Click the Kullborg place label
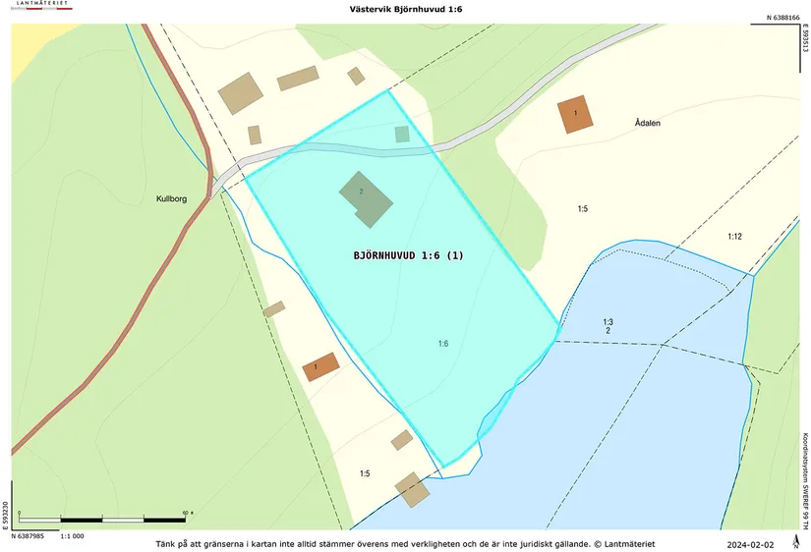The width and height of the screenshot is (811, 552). click(x=171, y=198)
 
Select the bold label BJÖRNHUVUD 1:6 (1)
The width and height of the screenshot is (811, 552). click(x=408, y=255)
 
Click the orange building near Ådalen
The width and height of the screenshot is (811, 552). click(x=575, y=114)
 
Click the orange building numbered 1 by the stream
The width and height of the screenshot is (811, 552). click(x=320, y=367)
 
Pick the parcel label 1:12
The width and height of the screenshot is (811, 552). click(x=734, y=237)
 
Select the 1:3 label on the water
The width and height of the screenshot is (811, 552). click(x=608, y=322)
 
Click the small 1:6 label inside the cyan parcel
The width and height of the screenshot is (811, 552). click(x=443, y=343)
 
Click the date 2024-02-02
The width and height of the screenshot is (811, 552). click(x=750, y=544)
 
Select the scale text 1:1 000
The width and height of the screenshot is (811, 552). click(x=73, y=536)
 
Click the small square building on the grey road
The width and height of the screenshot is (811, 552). click(x=401, y=135)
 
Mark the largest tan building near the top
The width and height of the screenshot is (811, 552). click(x=241, y=93)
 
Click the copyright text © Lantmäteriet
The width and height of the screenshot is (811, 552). click(x=623, y=544)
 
